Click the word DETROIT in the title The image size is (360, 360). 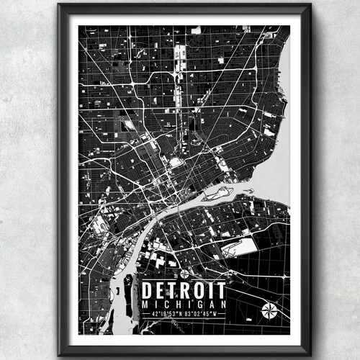pos(183,290)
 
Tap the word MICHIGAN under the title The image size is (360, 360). pos(183,305)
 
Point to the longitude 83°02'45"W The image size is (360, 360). pos(205,315)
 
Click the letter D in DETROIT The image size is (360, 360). pos(148,290)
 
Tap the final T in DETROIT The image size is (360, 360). pos(221,290)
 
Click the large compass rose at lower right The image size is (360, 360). pos(269,310)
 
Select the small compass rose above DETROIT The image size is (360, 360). pos(184,274)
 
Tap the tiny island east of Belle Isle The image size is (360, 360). pos(248,191)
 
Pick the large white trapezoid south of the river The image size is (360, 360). pos(238,248)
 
